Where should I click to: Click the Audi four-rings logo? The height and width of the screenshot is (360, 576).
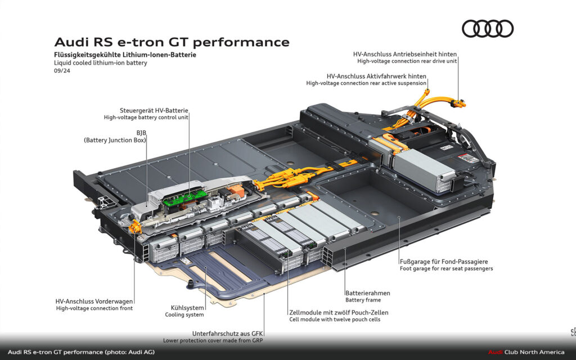(x=488, y=29)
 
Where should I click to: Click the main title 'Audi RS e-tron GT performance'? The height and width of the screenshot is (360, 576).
(x=172, y=42)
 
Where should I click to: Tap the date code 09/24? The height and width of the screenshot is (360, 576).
(x=62, y=71)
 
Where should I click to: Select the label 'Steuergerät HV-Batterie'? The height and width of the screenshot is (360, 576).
(x=154, y=110)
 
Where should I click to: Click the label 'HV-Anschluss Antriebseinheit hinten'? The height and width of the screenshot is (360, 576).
(x=404, y=54)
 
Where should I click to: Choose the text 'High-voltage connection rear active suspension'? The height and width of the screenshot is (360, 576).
(x=366, y=83)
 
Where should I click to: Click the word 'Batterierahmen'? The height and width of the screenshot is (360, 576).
(x=367, y=293)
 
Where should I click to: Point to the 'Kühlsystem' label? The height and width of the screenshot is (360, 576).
(x=187, y=308)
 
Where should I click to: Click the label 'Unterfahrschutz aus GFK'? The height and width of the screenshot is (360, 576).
(x=228, y=333)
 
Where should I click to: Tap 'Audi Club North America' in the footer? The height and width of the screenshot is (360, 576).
(x=526, y=352)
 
